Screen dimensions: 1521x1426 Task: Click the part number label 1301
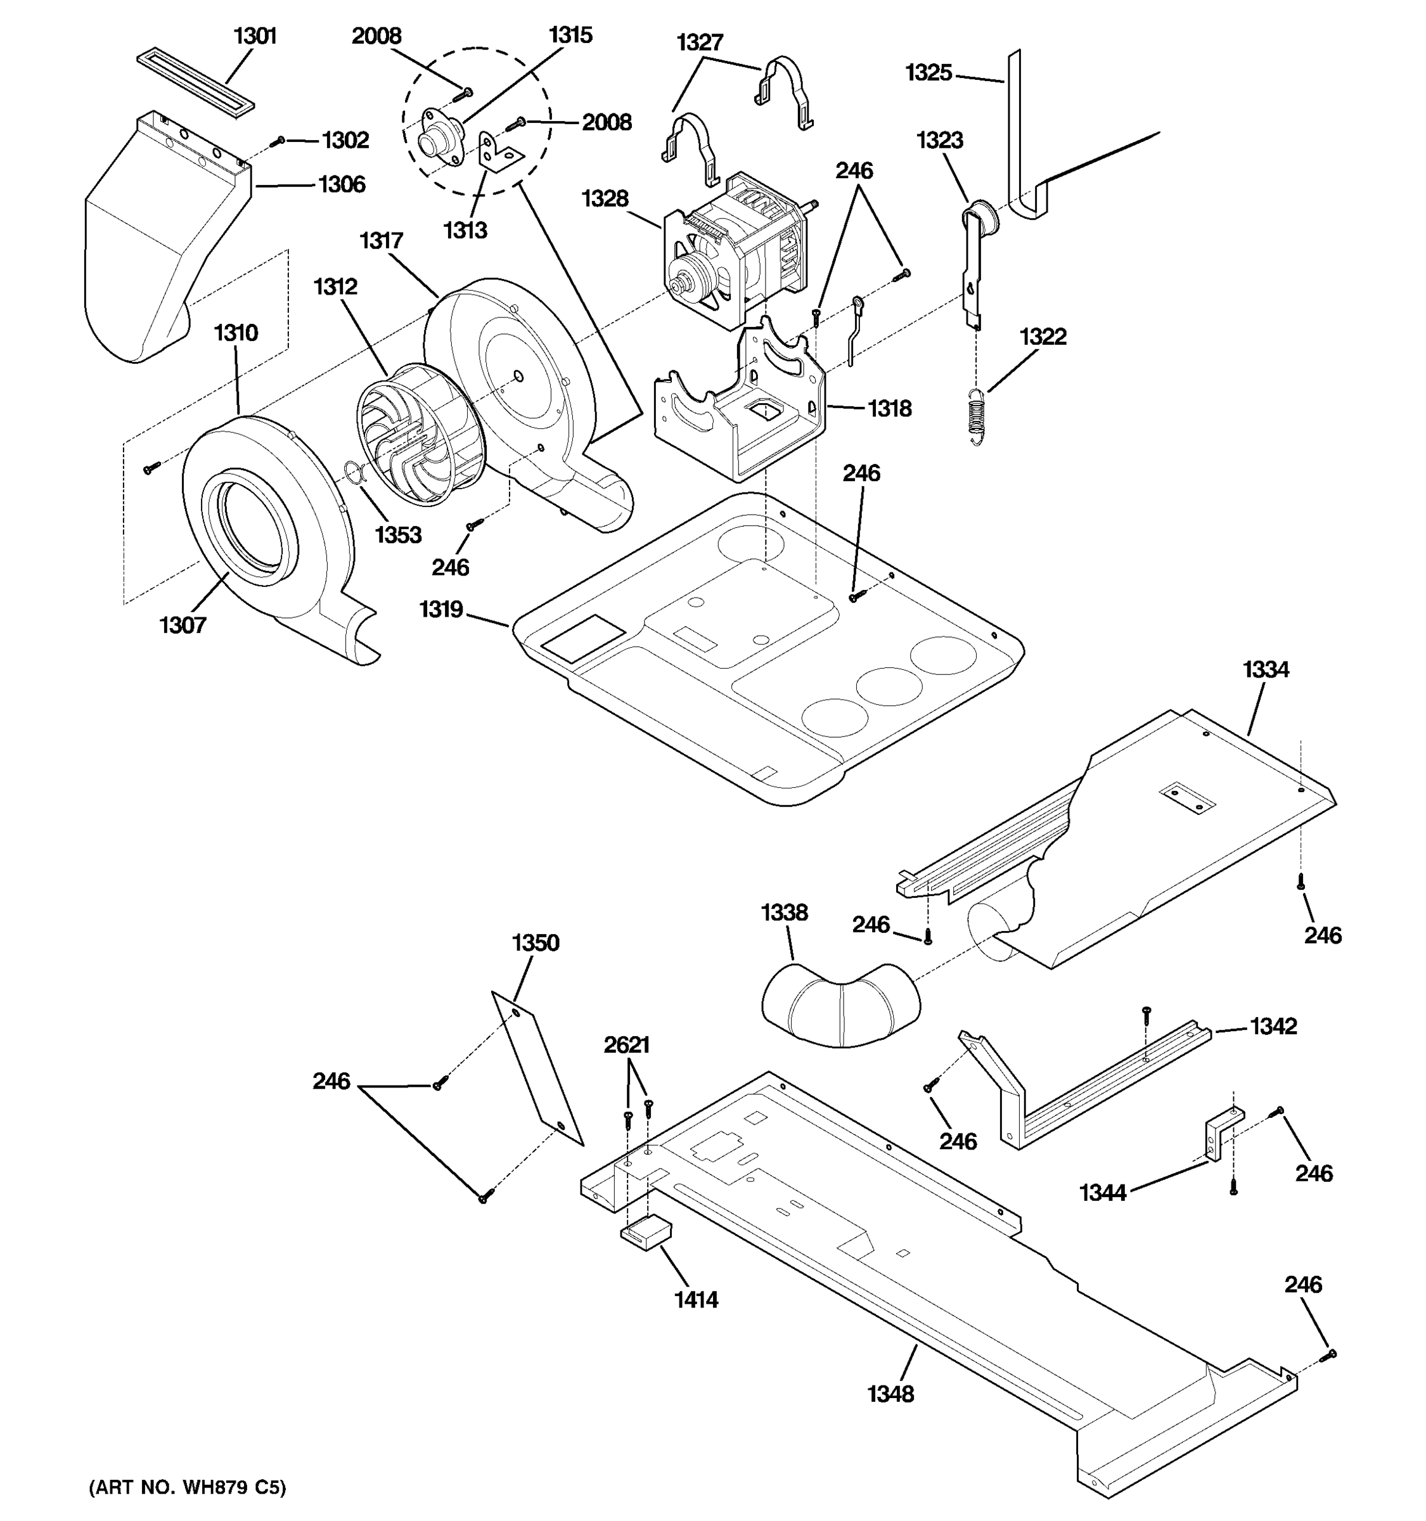point(255,36)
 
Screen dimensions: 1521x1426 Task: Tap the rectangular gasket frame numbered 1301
point(195,84)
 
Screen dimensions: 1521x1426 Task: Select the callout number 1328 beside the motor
point(605,199)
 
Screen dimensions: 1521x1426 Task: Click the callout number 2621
point(627,1045)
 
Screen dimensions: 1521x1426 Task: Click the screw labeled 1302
point(280,141)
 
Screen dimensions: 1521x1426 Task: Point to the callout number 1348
point(890,1394)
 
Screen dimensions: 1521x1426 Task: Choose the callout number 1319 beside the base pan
point(440,609)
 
